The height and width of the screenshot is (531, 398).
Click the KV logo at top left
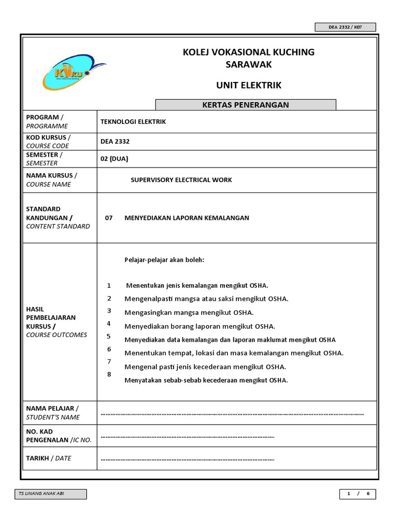tap(73, 75)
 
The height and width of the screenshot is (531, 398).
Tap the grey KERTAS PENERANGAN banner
tap(246, 105)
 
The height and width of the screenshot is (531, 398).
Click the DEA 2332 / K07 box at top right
tap(345, 27)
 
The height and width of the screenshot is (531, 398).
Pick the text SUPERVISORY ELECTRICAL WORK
tap(181, 180)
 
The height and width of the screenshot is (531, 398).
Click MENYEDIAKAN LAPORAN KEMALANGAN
tap(187, 218)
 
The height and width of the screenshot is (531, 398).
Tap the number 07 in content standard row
tap(109, 218)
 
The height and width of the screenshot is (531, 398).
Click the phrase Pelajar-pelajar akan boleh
tap(165, 260)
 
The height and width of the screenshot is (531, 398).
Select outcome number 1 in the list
tap(109, 286)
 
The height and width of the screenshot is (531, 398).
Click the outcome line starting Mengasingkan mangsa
tap(189, 313)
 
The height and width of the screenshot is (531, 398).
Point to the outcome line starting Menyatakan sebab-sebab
tap(206, 380)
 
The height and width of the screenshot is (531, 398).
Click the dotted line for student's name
tap(232, 414)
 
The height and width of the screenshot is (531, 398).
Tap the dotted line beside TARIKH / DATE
tap(187, 459)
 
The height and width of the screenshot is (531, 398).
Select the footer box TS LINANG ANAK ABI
tap(50, 494)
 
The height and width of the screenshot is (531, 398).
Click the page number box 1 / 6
tap(358, 494)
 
